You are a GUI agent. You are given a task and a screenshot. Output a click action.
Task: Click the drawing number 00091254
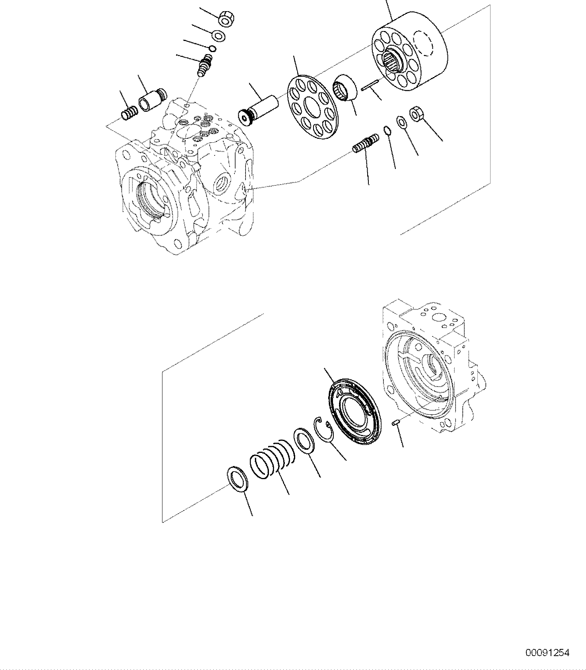(547, 653)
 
